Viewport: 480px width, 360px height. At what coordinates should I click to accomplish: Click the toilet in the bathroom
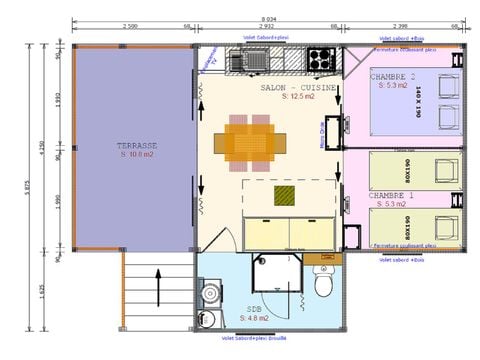[x=323, y=287]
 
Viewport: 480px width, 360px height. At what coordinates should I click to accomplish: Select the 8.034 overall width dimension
[x=268, y=18]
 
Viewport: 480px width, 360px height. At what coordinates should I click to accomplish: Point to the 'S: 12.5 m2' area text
[x=298, y=97]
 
